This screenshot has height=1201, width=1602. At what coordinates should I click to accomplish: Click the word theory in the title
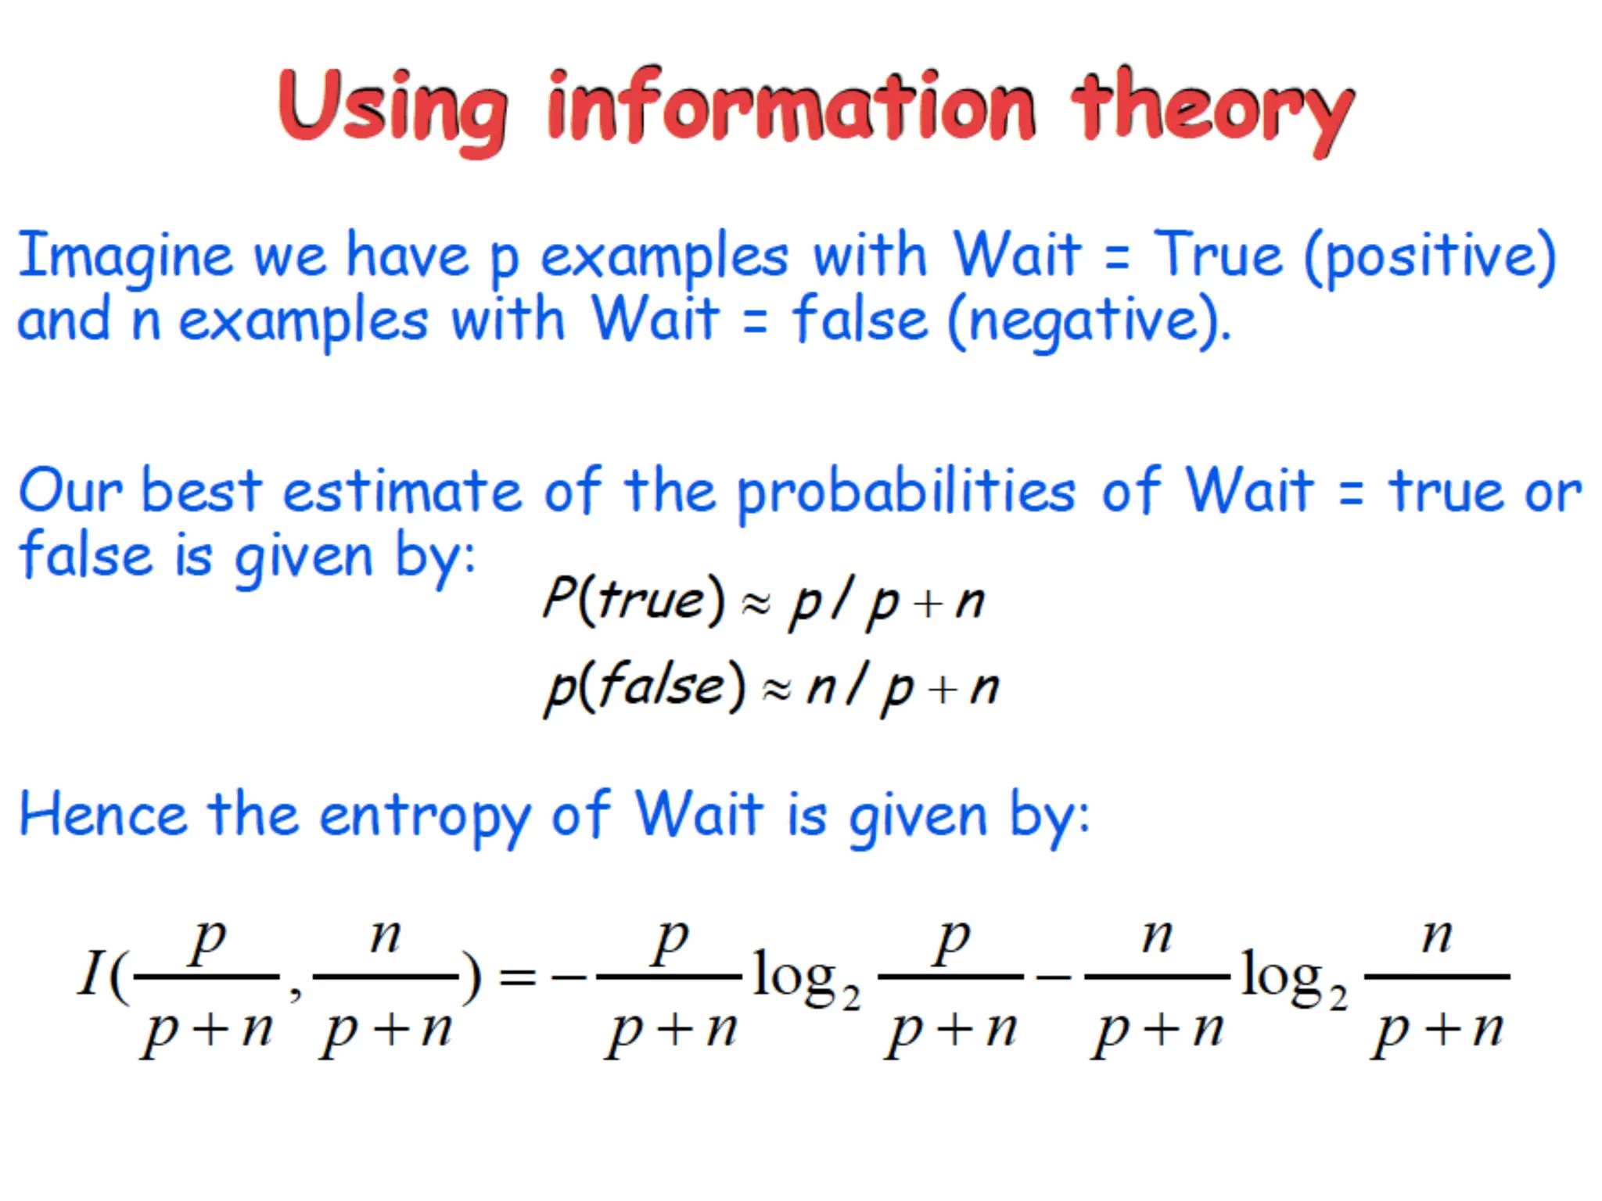click(1212, 109)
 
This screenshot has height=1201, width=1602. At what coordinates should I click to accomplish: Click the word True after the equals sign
click(1218, 255)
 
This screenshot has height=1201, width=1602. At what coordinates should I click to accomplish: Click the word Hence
click(102, 815)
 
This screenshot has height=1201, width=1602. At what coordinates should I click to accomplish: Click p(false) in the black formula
click(645, 687)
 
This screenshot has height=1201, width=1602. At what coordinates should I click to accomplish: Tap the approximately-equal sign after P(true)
click(756, 604)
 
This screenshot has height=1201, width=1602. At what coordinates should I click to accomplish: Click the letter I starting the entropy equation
click(91, 973)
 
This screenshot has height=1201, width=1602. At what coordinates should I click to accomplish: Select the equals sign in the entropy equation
click(517, 977)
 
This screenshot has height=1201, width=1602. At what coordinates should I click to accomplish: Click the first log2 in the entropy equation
click(806, 979)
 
